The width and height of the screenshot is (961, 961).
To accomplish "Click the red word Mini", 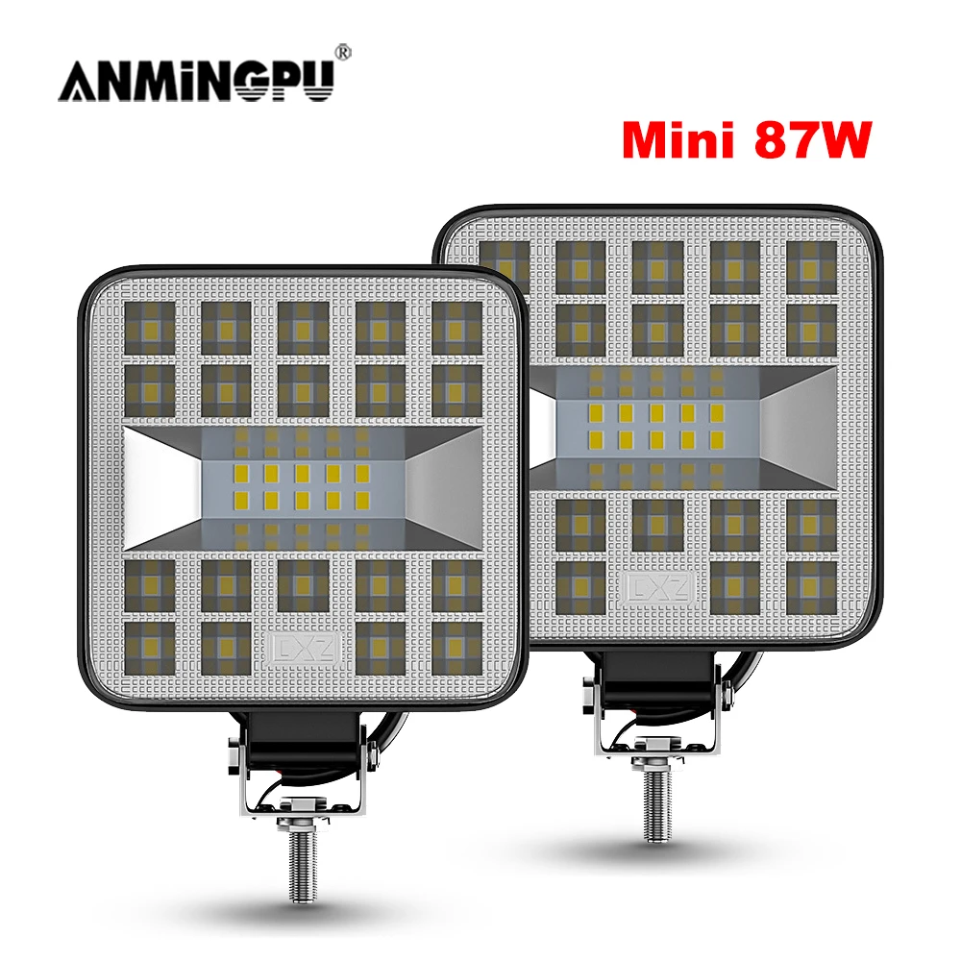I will pyautogui.click(x=676, y=140).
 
